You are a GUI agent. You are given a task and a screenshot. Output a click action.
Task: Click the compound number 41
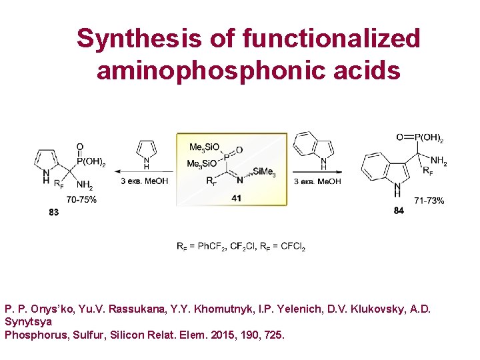[236, 199]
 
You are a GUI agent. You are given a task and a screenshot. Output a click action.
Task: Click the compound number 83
[53, 213]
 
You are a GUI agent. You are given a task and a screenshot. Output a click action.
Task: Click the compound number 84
[399, 211]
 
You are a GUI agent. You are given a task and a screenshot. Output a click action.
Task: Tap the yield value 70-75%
[81, 199]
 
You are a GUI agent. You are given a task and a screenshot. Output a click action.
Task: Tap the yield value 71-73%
[429, 200]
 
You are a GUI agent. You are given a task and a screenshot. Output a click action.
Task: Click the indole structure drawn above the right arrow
[313, 147]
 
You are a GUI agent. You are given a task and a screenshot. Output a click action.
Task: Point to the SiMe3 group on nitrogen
[264, 172]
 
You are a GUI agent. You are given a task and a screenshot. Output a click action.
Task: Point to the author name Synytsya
[28, 322]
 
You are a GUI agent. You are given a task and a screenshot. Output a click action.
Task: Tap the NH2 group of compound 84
[439, 161]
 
